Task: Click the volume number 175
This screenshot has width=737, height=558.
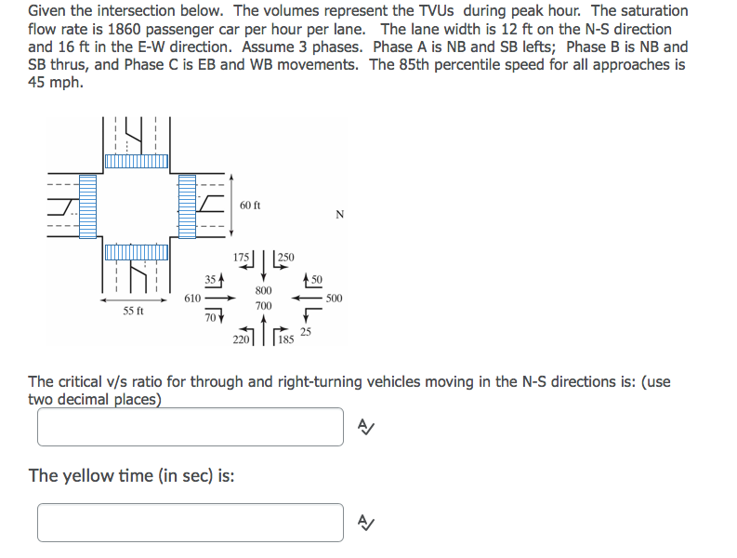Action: (242, 258)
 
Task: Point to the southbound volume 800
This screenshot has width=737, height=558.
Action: (263, 290)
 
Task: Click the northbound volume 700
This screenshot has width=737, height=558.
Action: (263, 305)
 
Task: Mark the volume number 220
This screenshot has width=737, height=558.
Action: (241, 340)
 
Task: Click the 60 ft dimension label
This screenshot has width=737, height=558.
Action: (250, 205)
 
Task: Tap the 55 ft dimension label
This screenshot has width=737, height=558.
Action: (134, 311)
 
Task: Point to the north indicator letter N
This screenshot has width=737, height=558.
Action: (339, 215)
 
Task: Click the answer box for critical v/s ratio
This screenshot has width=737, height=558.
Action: (191, 427)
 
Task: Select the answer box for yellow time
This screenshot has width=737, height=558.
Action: (191, 522)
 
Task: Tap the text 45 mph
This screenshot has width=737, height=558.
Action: (55, 82)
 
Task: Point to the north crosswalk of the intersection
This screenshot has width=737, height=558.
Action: (137, 161)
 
